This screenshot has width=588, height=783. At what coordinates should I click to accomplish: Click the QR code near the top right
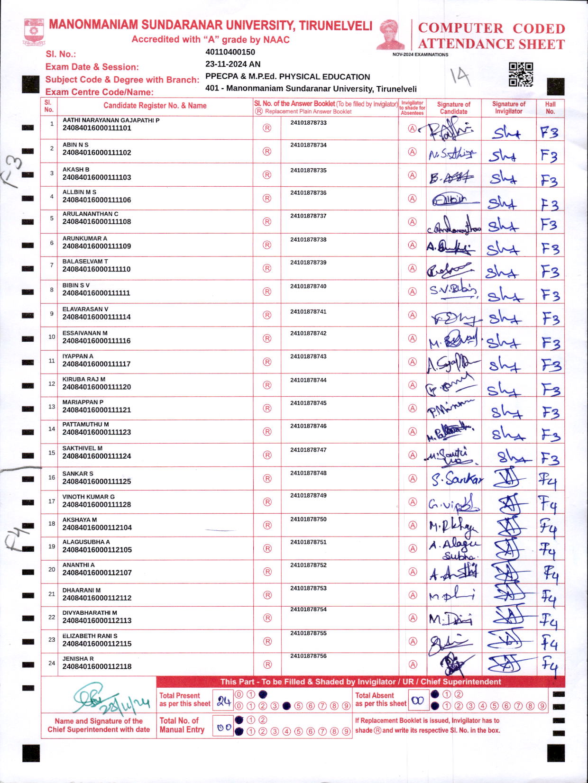tap(521, 74)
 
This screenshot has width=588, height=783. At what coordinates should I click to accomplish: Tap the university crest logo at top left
tap(34, 31)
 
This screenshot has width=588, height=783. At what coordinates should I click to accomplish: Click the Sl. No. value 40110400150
tap(230, 52)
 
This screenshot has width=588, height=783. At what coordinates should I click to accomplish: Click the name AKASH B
tap(76, 169)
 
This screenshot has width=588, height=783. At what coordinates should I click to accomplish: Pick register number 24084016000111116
tap(96, 341)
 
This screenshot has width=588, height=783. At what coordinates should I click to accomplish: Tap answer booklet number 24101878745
tap(308, 403)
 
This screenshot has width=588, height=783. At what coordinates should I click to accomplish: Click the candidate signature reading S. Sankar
tap(457, 480)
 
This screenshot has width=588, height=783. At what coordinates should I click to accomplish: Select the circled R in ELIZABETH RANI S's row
tap(267, 641)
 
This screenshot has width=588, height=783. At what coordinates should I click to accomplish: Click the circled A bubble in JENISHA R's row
tap(413, 665)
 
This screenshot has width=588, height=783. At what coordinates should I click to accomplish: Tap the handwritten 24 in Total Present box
tap(223, 702)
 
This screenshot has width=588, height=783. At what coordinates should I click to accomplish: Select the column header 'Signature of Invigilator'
tap(508, 108)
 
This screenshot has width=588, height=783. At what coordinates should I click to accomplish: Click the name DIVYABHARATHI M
tap(90, 613)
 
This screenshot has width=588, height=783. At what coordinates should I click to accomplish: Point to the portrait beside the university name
tap(391, 34)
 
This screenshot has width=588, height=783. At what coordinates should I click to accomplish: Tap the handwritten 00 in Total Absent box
tap(417, 701)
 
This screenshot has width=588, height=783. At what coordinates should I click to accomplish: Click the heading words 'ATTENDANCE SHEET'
tap(491, 44)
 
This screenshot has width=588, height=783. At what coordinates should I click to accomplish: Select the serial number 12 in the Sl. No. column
tap(52, 383)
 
